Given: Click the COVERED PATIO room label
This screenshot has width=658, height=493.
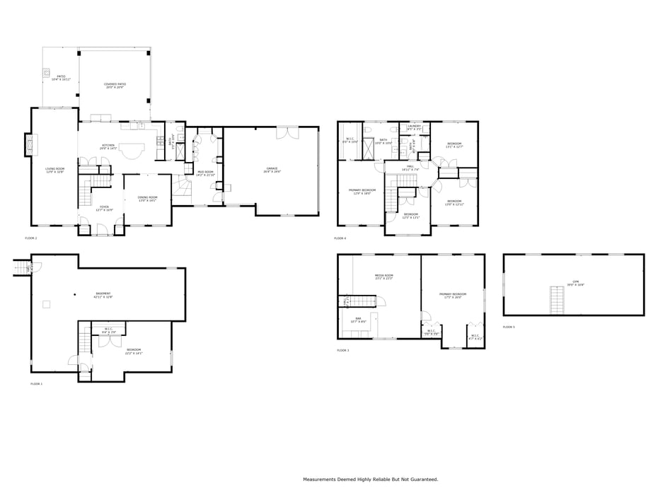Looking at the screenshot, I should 115,85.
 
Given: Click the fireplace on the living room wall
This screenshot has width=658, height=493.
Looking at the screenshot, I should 30,145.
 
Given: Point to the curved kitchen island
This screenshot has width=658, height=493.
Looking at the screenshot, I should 131,151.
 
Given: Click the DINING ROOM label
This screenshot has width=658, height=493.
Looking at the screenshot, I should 147,198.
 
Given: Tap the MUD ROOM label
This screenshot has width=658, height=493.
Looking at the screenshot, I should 205,173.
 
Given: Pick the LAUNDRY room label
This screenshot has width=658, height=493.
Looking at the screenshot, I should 414,127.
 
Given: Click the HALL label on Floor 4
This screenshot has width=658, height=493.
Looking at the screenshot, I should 410,168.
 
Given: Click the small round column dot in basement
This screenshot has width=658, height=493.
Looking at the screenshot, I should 74,294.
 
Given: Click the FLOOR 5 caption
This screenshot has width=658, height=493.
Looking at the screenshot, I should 509,327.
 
